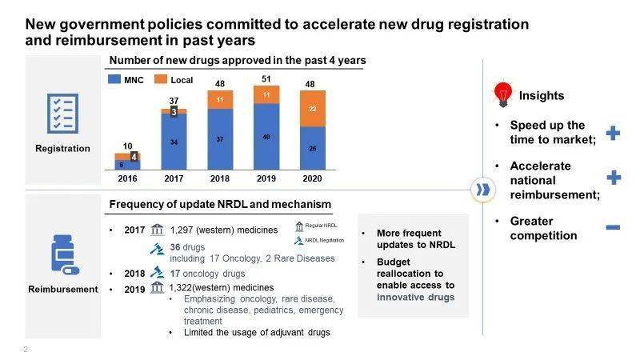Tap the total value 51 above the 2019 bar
coord(266,78)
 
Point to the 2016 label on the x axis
coord(128,179)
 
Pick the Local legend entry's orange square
coord(160,80)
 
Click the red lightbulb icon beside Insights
coord(503,94)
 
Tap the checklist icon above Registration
coord(62,113)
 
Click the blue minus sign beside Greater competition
coord(613,227)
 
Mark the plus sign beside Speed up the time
coord(613,133)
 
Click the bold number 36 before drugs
coord(176,246)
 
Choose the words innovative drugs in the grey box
coord(416,298)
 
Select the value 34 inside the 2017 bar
coord(174,142)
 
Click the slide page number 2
coord(26,350)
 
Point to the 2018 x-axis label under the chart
coord(220,179)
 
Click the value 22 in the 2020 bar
coord(313,109)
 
